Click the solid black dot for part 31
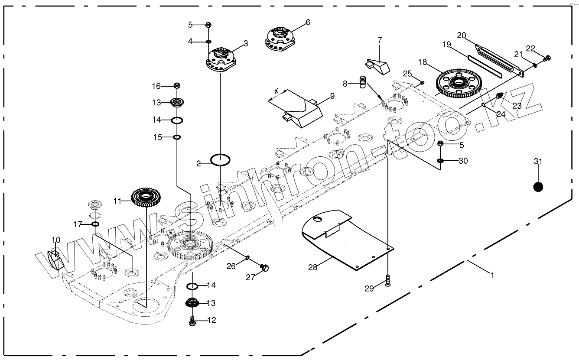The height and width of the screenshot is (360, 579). pos(538,187)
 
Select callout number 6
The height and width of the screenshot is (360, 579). pos(308,22)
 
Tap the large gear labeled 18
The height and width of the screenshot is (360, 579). pos(457,82)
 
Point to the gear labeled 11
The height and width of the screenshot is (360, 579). pos(146,198)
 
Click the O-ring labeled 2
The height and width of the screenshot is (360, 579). pos(220,160)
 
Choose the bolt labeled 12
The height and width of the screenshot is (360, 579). pos(192,321)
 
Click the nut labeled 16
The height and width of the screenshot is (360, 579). pos(177,85)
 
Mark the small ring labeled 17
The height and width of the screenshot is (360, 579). pos(96,224)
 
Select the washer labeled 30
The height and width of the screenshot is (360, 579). pos(440,161)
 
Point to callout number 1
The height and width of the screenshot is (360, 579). pos(492,274)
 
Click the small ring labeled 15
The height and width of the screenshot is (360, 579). pos(177,137)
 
